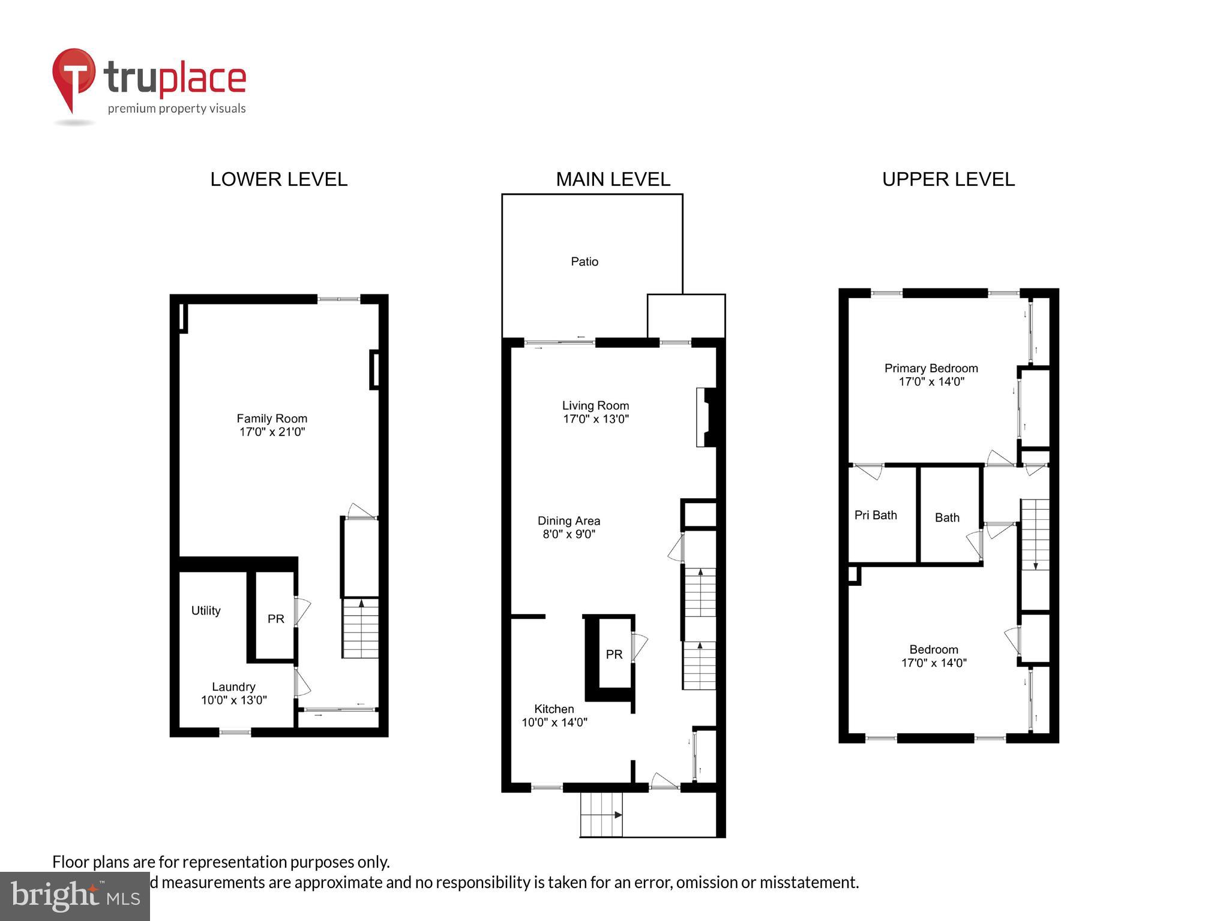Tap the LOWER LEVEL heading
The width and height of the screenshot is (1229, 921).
pyautogui.click(x=278, y=179)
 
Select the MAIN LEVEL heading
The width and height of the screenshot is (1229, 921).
pyautogui.click(x=613, y=179)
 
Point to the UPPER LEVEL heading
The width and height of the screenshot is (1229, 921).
pyautogui.click(x=948, y=179)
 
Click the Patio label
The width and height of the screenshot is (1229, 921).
pyautogui.click(x=584, y=261)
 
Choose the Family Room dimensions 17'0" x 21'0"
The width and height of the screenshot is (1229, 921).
pyautogui.click(x=272, y=432)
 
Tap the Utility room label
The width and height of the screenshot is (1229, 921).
pyautogui.click(x=206, y=610)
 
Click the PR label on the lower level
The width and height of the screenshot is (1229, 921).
pyautogui.click(x=275, y=619)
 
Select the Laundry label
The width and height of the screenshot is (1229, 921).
pyautogui.click(x=233, y=687)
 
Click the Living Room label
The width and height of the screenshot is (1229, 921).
pyautogui.click(x=595, y=405)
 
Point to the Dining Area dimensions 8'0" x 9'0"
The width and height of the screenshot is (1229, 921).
pyautogui.click(x=568, y=534)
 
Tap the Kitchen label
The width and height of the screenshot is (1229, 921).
pyautogui.click(x=554, y=709)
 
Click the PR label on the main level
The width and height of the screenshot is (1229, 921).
pyautogui.click(x=614, y=655)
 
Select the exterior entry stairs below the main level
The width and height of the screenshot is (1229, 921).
pyautogui.click(x=601, y=815)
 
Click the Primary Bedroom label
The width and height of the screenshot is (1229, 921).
pyautogui.click(x=931, y=368)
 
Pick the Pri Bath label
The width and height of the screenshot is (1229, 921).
pyautogui.click(x=876, y=515)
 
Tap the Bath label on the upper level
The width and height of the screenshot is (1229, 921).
pyautogui.click(x=947, y=517)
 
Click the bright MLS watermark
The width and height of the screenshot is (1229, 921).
pyautogui.click(x=75, y=896)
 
